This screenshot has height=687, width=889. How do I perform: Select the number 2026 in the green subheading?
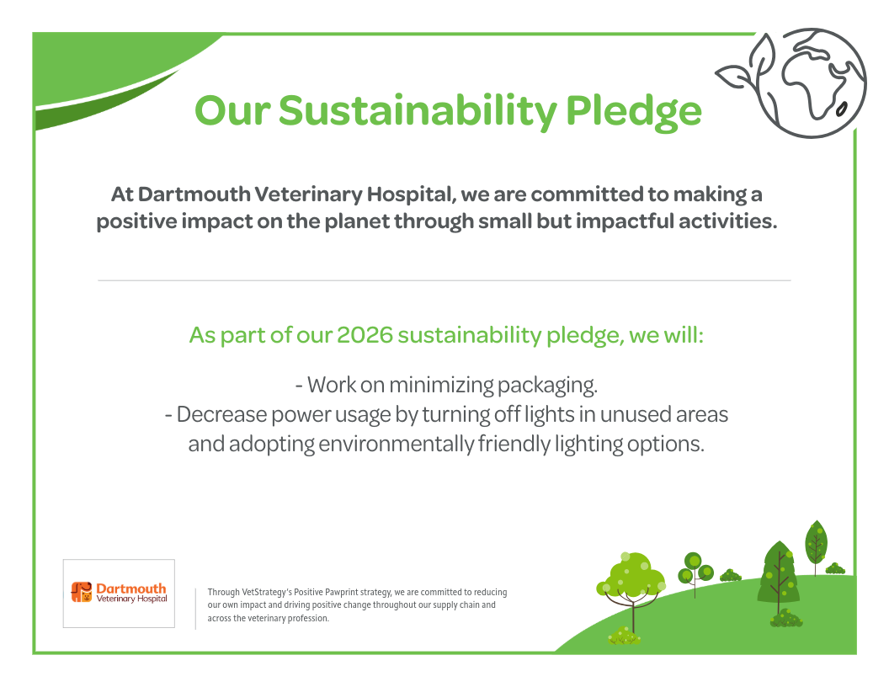coord(365,335)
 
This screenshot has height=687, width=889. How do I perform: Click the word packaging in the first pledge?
coord(547,386)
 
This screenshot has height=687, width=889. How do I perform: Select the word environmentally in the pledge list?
coord(396,444)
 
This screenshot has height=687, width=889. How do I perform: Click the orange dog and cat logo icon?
coord(81,592)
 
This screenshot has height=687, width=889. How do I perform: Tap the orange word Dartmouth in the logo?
coord(131,588)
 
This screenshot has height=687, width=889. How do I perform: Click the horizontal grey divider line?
coord(444,280)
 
